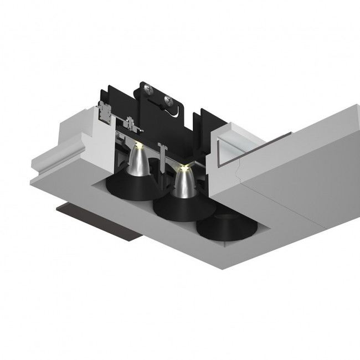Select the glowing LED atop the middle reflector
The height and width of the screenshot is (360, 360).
click(x=183, y=166)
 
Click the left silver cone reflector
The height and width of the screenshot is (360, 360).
click(x=135, y=164)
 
